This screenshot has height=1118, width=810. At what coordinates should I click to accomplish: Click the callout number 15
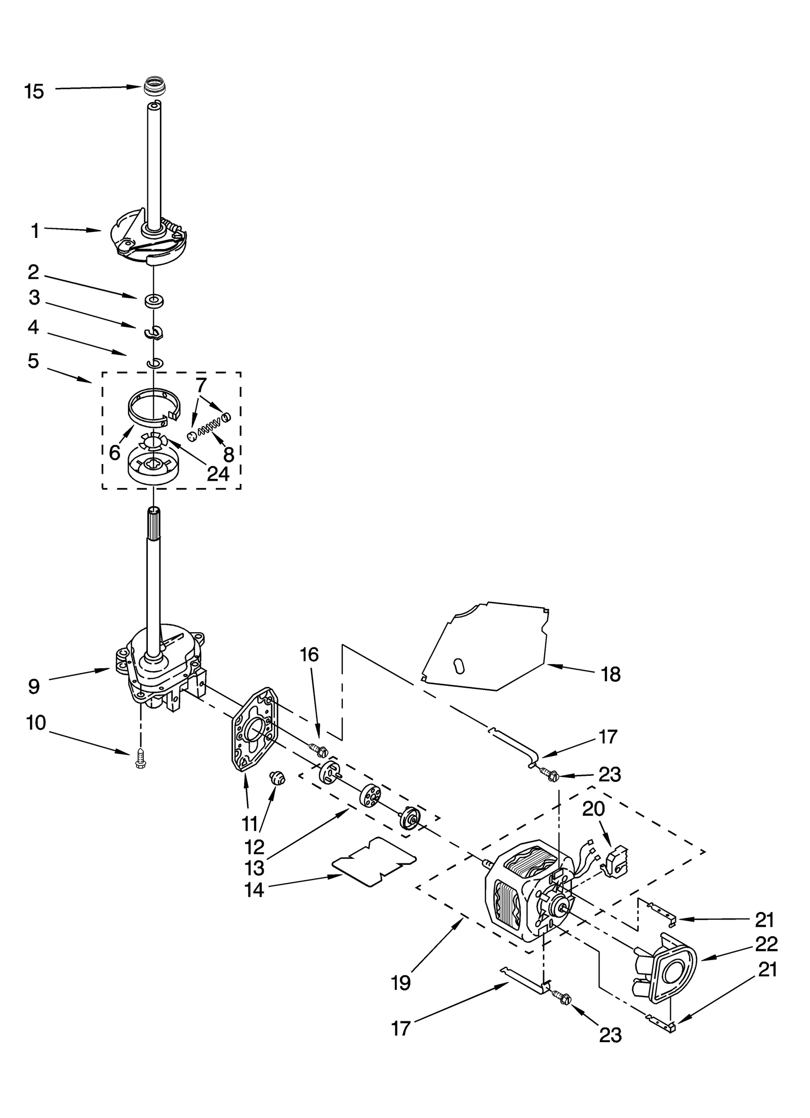coord(34,92)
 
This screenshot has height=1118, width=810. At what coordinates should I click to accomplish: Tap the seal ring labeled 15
coord(151,86)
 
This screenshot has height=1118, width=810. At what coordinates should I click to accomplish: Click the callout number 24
coord(218,474)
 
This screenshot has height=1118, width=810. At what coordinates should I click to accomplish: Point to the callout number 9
coord(33,687)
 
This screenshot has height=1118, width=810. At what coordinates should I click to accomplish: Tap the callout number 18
coord(611,674)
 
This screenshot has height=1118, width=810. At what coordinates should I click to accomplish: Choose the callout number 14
coord(254,889)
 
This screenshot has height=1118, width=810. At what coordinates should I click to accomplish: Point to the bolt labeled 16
coord(318,750)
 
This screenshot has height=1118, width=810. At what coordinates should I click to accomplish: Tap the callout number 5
coord(33,361)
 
